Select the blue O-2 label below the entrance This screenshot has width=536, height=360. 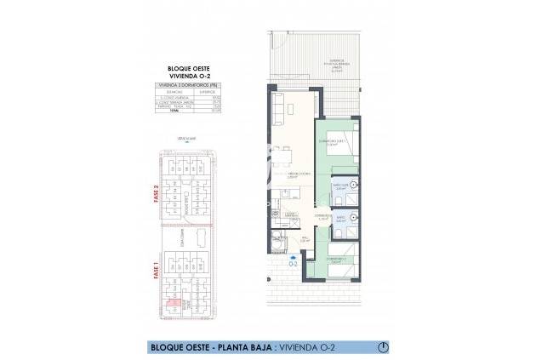294,263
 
